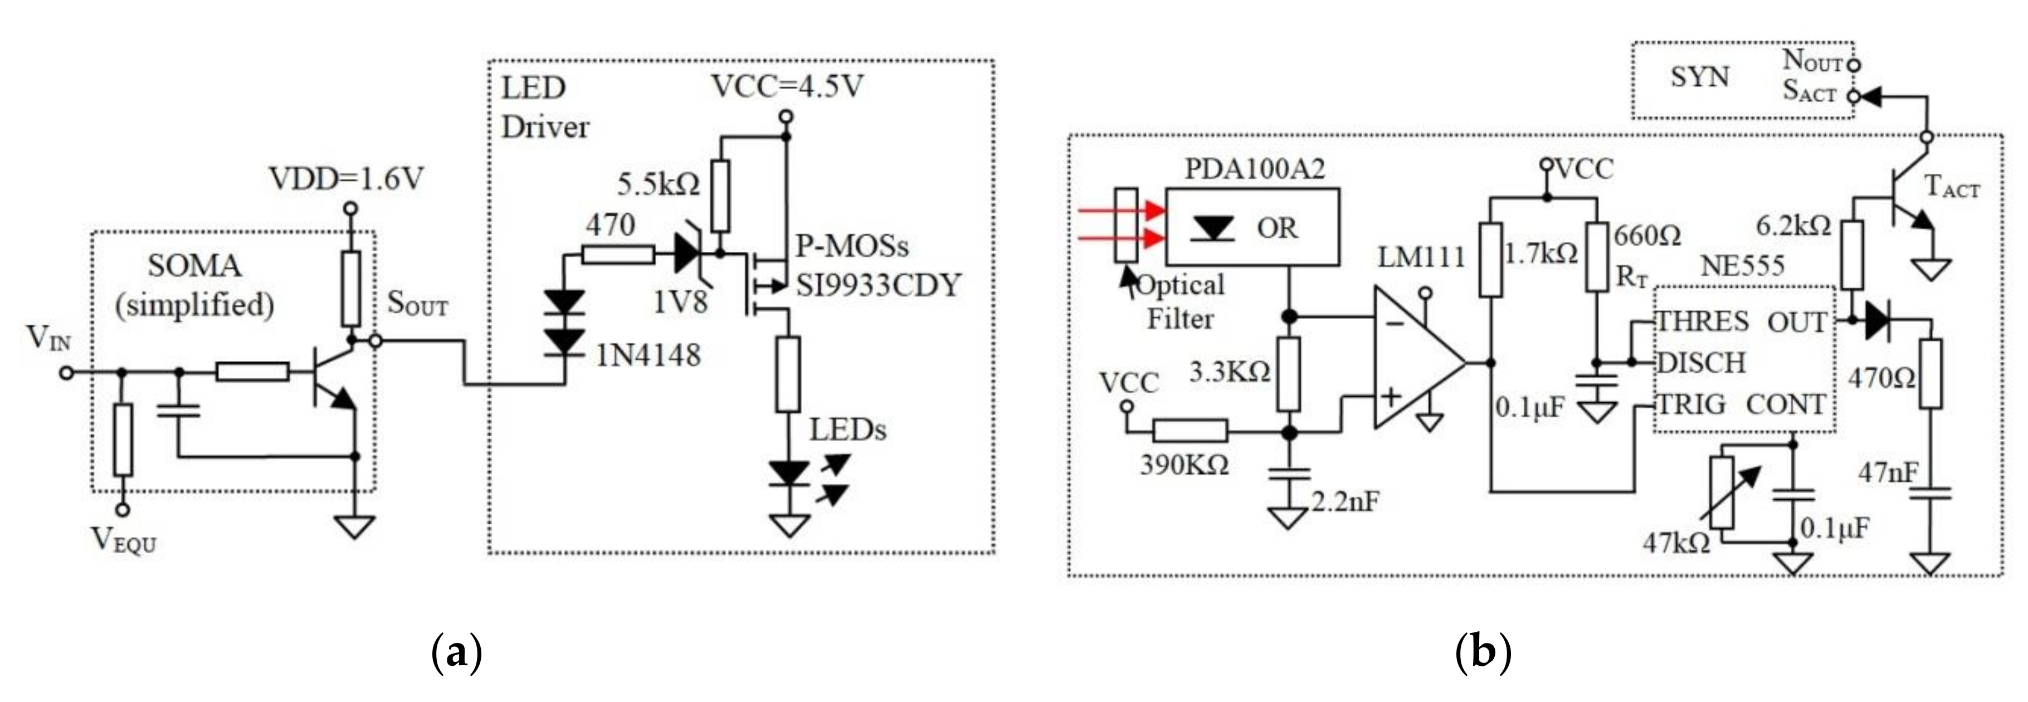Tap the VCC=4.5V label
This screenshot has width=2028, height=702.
(x=787, y=86)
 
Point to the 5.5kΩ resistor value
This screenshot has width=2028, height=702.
(x=657, y=185)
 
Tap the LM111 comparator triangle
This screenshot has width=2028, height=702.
(x=1413, y=363)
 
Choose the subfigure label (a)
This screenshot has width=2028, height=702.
(x=457, y=652)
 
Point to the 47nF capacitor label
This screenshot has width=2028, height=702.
(x=1887, y=473)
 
